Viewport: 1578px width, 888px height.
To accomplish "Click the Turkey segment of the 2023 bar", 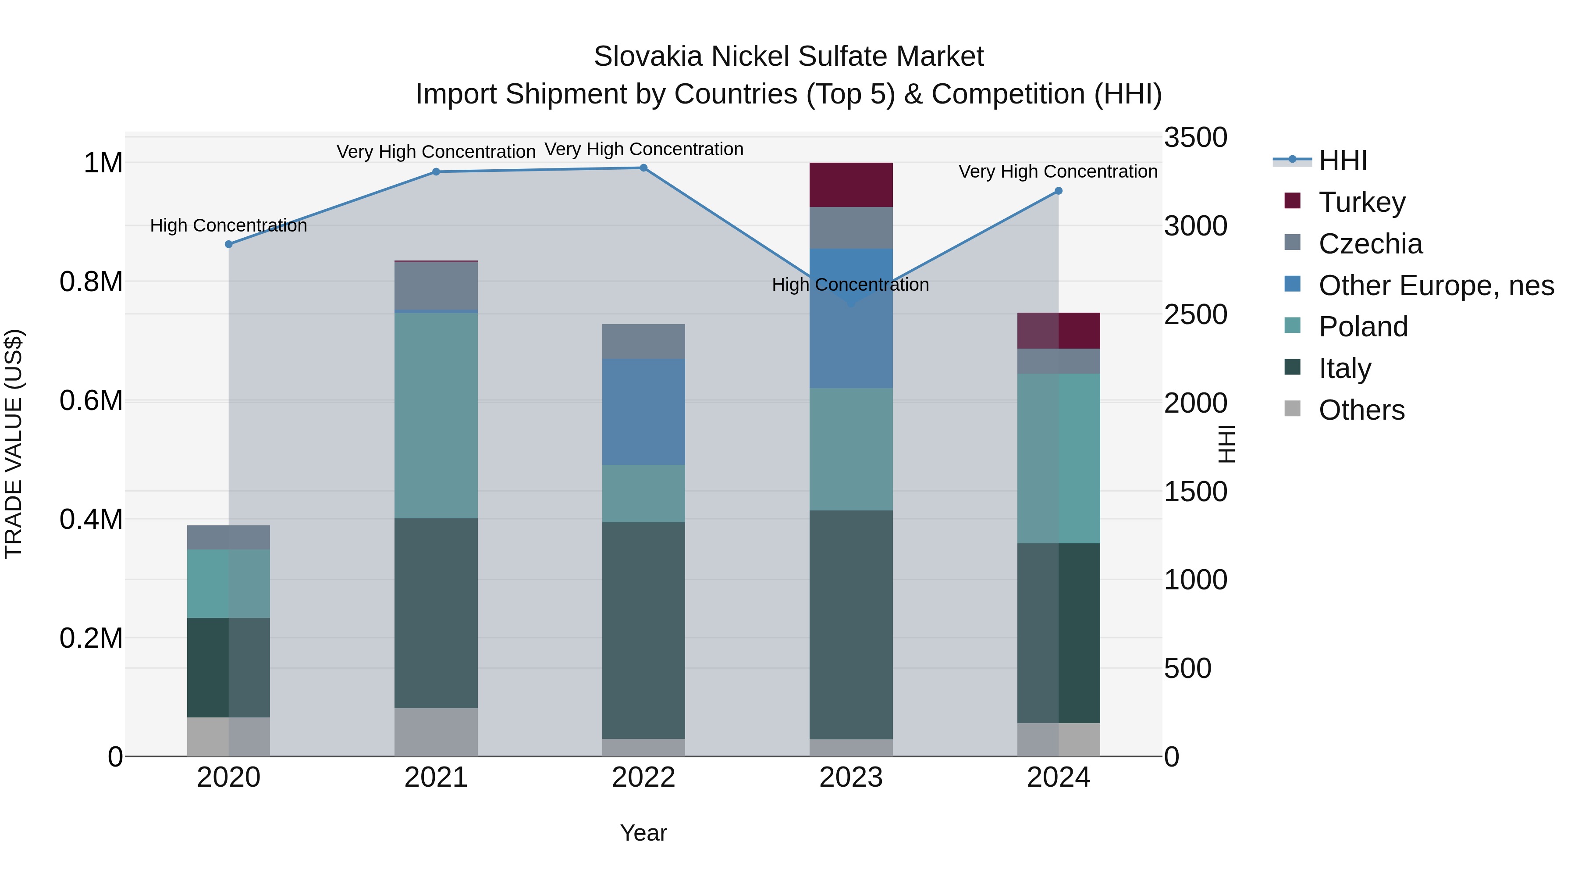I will click(x=851, y=185).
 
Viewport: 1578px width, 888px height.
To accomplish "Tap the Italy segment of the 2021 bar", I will click(x=436, y=613).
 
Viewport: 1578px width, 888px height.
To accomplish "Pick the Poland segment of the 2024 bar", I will click(x=1059, y=458).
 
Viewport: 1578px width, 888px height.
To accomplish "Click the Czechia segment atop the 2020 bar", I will click(x=228, y=538).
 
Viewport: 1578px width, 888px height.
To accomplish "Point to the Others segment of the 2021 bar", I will click(x=436, y=732).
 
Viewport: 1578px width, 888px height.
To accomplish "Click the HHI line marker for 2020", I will click(x=228, y=244).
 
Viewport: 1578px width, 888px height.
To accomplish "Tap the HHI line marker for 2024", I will click(x=1058, y=191).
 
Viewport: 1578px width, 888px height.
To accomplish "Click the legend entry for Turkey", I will click(x=1361, y=202).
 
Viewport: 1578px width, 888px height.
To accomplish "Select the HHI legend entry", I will click(x=1342, y=160).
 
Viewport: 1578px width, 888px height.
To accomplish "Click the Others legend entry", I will click(x=1361, y=410).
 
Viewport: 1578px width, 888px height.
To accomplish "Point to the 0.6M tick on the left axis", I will click(x=91, y=401).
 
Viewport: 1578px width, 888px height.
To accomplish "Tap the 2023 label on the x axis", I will click(x=851, y=777).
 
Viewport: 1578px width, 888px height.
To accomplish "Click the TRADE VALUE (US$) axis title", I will click(x=14, y=444).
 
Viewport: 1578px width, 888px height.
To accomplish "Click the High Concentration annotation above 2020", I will click(x=228, y=225).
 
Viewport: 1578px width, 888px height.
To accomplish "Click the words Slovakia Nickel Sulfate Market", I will click(x=789, y=57).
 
